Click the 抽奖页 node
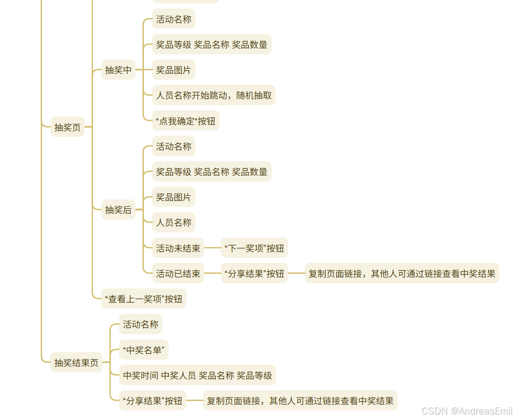click(67, 127)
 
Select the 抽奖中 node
click(118, 70)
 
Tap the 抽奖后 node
click(118, 210)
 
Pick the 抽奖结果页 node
click(76, 363)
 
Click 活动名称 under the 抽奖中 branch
click(173, 19)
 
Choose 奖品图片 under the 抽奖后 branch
click(173, 197)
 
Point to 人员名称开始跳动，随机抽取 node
click(214, 95)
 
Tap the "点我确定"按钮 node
click(186, 121)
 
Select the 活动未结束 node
click(178, 248)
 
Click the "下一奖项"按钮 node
click(254, 248)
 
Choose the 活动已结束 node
click(178, 273)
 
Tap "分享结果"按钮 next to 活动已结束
click(254, 273)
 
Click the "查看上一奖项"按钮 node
click(143, 299)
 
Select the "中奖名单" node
click(143, 350)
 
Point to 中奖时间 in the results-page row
click(141, 375)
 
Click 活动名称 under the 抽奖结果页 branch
click(140, 324)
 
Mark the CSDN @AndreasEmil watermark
click(466, 411)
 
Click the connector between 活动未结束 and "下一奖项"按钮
click(212, 248)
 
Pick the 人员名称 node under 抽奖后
click(173, 222)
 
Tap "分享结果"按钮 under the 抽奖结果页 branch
click(152, 401)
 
